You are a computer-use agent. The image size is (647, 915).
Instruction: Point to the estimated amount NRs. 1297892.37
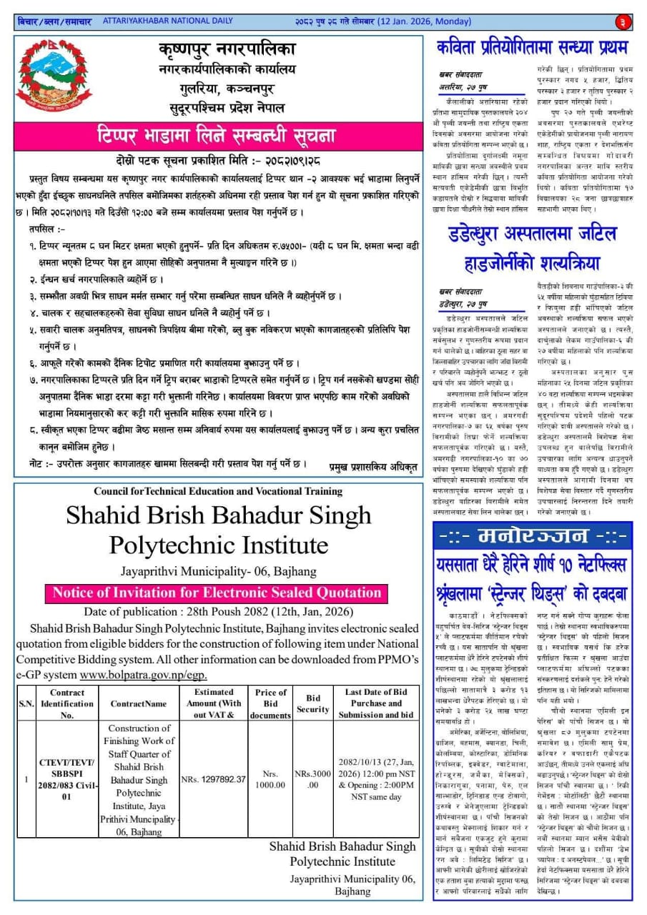click(213, 778)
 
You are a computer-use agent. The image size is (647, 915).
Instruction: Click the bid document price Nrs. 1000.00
click(270, 778)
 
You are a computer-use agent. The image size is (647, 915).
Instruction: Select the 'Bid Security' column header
click(313, 703)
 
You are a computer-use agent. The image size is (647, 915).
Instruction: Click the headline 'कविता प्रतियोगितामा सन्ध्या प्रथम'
click(532, 48)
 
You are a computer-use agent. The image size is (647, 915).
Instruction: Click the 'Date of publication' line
click(215, 612)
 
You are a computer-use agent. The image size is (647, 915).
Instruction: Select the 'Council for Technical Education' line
click(219, 491)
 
